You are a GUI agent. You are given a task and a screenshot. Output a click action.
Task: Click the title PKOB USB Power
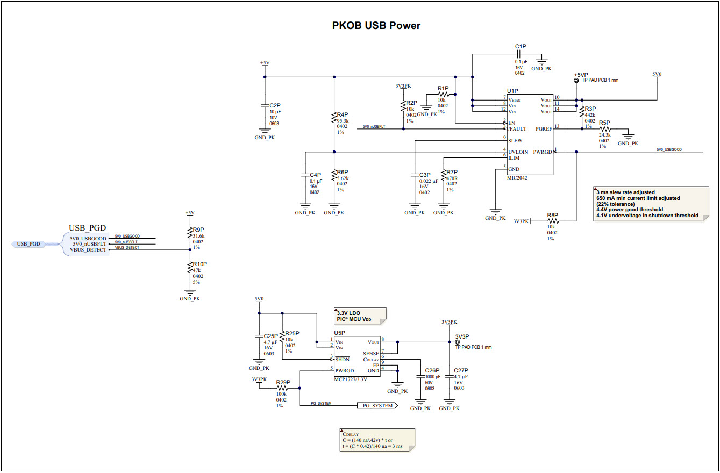pyautogui.click(x=376, y=25)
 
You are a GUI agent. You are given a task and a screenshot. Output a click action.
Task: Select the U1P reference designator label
pyautogui.click(x=512, y=91)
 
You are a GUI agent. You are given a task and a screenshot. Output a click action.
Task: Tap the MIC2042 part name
pyautogui.click(x=517, y=178)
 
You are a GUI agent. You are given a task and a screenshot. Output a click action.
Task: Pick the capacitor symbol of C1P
pyautogui.click(x=520, y=54)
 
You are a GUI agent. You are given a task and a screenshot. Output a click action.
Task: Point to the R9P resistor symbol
pyautogui.click(x=189, y=232)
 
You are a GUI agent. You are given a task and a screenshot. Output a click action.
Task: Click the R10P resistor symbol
pyautogui.click(x=189, y=267)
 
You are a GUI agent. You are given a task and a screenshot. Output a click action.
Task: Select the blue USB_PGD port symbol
pyautogui.click(x=29, y=244)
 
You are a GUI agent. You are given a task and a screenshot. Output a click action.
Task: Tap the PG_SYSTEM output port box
pyautogui.click(x=377, y=406)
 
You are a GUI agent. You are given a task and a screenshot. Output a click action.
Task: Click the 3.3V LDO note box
pyautogui.click(x=360, y=316)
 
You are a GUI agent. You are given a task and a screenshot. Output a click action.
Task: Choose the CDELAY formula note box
pyautogui.click(x=376, y=440)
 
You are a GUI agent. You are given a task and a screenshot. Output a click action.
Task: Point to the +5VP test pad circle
pyautogui.click(x=576, y=81)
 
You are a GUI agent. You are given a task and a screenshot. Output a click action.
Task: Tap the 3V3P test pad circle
pyautogui.click(x=458, y=342)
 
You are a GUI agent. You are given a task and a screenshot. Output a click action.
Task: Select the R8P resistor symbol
pyautogui.click(x=552, y=221)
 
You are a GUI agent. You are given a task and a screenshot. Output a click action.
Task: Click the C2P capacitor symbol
pyautogui.click(x=265, y=105)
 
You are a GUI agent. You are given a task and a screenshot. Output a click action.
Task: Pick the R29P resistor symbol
pyautogui.click(x=282, y=388)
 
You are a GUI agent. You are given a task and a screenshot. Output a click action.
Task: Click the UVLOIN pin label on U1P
pyautogui.click(x=518, y=152)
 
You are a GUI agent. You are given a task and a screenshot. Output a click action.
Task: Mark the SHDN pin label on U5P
pyautogui.click(x=342, y=359)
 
